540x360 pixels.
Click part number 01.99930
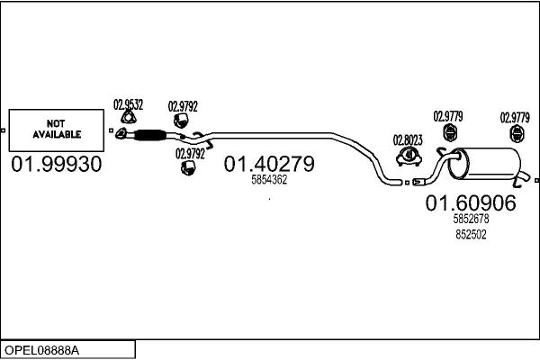(57, 164)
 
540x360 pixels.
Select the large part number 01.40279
(269, 164)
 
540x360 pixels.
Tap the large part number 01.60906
(471, 202)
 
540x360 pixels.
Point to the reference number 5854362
(269, 180)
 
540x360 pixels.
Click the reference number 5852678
(471, 219)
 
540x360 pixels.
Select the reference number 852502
(471, 235)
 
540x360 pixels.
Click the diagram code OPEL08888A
(41, 350)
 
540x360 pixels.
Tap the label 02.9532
(128, 104)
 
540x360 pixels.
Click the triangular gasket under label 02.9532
(129, 118)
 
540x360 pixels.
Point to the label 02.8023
(408, 140)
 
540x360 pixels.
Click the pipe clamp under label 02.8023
(409, 157)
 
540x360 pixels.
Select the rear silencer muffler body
(486, 164)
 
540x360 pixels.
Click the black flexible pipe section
(150, 135)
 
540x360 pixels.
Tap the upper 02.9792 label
(183, 106)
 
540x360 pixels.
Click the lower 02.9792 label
(190, 154)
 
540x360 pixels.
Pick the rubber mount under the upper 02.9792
(181, 121)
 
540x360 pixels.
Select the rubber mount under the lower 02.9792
(188, 167)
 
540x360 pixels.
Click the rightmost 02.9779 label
(515, 118)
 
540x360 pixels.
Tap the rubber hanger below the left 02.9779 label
(449, 133)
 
